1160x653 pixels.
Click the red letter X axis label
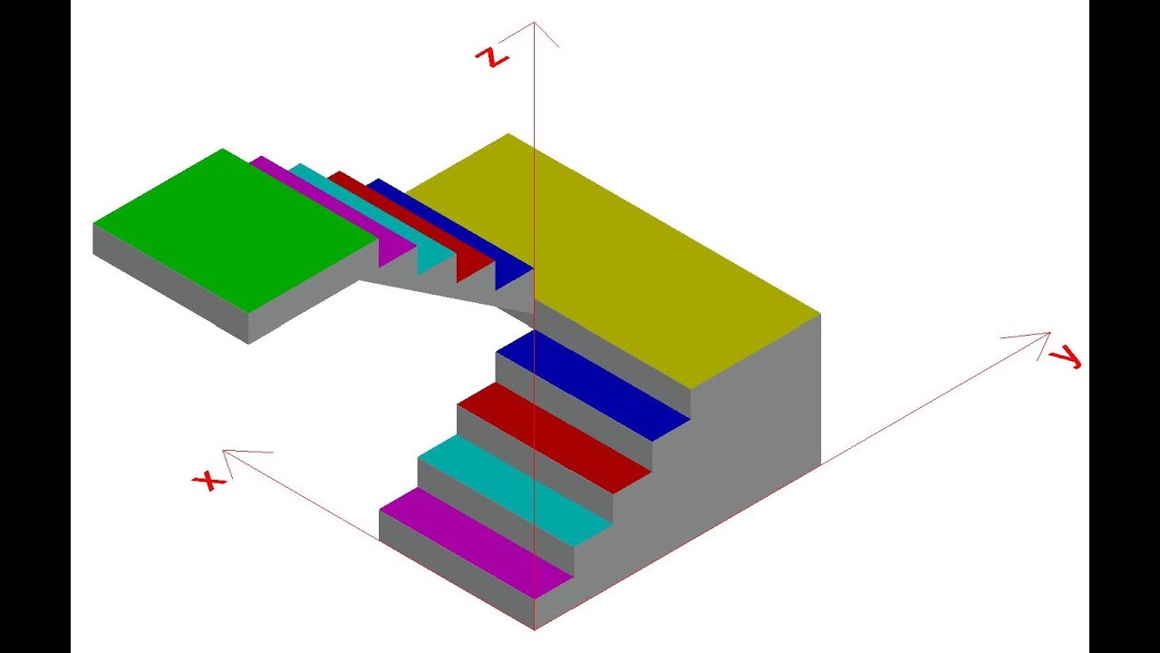point(209,481)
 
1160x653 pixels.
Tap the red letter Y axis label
point(1065,358)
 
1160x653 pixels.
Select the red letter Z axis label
point(492,57)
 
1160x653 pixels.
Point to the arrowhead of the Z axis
point(534,23)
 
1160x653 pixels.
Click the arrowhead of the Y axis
point(1049,333)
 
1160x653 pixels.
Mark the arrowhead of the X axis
point(223,450)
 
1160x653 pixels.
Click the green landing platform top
point(236,230)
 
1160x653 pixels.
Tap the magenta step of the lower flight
point(477,542)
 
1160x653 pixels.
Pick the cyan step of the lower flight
point(516,491)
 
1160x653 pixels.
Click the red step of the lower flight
point(554,438)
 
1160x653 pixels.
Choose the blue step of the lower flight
point(593,385)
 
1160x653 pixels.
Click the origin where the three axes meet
point(535,629)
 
